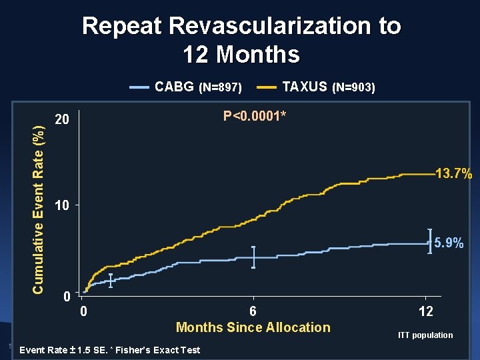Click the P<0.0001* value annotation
click(x=255, y=117)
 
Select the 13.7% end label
click(x=453, y=175)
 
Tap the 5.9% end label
click(x=449, y=244)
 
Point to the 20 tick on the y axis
click(x=62, y=121)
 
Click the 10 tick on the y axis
click(x=62, y=206)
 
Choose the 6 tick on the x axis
click(x=253, y=311)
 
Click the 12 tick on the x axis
click(x=425, y=311)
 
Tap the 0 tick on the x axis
click(x=83, y=311)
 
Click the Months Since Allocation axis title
click(x=253, y=327)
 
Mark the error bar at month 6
click(x=253, y=257)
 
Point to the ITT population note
click(x=425, y=335)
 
